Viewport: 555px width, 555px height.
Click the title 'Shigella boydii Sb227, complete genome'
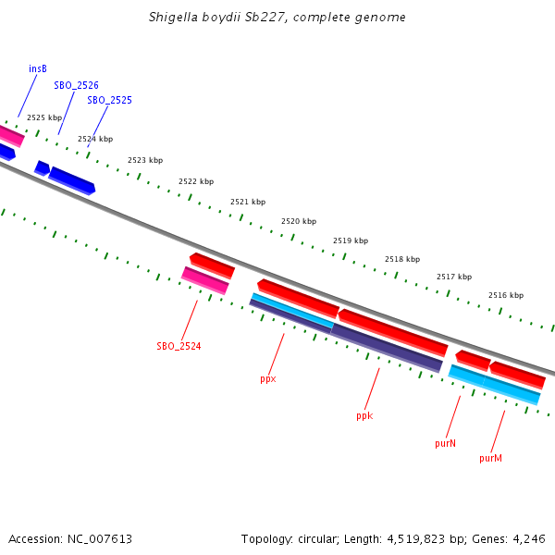point(277,18)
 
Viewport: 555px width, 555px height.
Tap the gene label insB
point(38,68)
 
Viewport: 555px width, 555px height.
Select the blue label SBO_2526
point(76,85)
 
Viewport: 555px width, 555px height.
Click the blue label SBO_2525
point(109,100)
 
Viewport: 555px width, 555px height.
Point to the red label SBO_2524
point(179,346)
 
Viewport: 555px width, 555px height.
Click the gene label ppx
point(268,379)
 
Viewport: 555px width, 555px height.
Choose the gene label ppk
point(364,416)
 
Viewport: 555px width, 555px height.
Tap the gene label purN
point(445,444)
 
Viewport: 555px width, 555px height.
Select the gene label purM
point(490,458)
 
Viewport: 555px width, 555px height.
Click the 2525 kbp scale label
point(44,118)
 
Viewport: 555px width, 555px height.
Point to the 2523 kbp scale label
point(145,161)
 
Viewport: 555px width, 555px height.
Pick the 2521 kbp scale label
point(248,202)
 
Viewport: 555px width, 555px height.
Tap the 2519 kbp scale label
point(351,240)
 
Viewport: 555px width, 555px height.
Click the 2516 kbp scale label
point(506,295)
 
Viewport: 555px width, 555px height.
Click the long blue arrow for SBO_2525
point(71,180)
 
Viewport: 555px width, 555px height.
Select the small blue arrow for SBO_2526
point(42,167)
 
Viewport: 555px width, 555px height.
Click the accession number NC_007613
point(100,538)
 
